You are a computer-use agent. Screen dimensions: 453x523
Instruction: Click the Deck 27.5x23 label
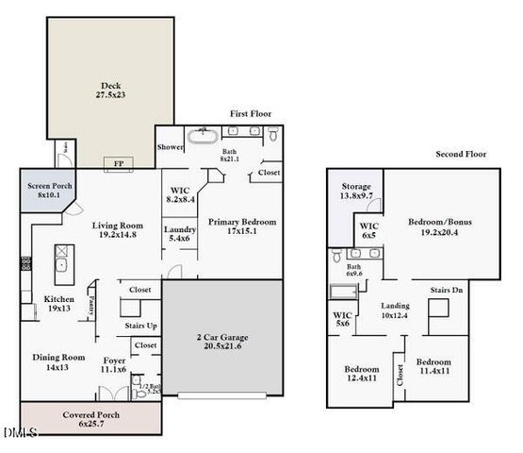110,90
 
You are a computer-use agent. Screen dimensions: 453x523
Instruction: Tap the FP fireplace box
117,161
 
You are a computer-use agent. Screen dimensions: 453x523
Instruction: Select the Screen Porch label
43,190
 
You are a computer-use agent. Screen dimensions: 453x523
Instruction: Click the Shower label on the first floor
171,147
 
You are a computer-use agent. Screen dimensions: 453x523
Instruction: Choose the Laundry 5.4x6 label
179,234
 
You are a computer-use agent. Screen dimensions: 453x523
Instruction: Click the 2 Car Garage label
222,342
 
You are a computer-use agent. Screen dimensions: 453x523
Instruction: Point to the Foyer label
113,363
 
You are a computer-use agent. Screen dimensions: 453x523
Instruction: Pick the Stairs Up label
140,326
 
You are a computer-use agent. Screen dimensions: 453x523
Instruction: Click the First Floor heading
251,113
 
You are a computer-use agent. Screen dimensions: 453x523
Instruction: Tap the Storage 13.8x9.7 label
355,192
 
